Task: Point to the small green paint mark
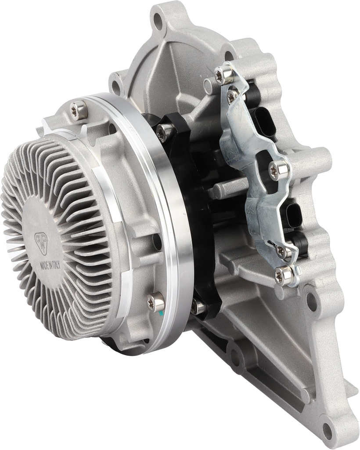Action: tap(161, 313)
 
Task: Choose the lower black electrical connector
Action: tap(293, 214)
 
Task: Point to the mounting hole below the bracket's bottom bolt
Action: tap(311, 301)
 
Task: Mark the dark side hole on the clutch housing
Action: tap(156, 240)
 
